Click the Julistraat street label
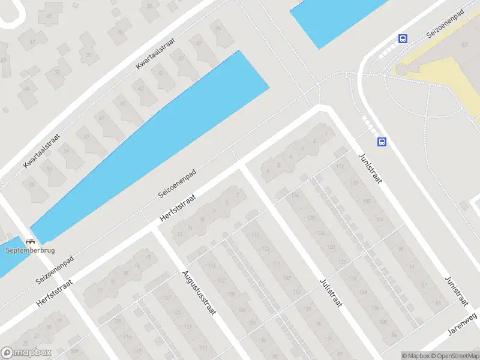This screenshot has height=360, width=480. pos(331,292)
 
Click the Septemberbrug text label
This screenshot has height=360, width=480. pos(29,251)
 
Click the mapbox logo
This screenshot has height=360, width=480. pos(26,353)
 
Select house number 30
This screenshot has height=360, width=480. pos(89,55)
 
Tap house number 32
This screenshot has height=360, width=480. pos(58,71)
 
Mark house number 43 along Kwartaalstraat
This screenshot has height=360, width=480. pos(141,89)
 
